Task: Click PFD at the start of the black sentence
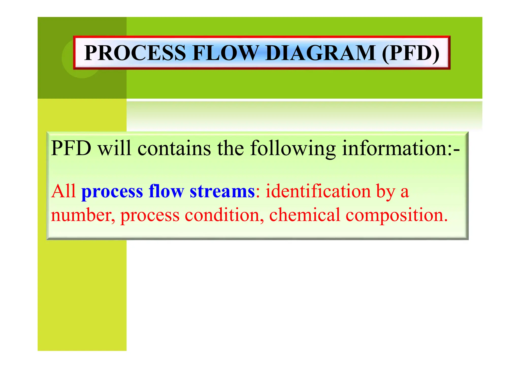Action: point(71,148)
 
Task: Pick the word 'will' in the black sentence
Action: point(115,148)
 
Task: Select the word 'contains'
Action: point(174,148)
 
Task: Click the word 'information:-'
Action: point(401,148)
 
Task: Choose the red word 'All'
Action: point(63,191)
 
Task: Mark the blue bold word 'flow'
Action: point(166,191)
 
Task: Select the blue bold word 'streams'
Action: point(222,191)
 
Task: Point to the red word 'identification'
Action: point(318,191)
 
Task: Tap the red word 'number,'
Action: point(83,215)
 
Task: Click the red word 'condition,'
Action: point(224,215)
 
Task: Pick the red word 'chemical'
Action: point(304,215)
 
